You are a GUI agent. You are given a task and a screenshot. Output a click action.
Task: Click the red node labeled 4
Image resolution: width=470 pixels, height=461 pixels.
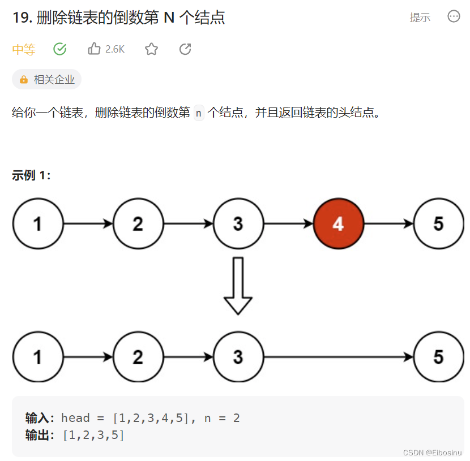coord(338,224)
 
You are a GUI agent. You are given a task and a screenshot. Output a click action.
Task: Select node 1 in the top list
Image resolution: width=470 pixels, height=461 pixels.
coord(37,224)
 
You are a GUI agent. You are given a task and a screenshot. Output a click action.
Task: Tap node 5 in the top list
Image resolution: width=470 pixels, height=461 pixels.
coord(438,224)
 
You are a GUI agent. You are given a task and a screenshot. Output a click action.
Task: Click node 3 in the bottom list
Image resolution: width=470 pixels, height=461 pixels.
coord(238,357)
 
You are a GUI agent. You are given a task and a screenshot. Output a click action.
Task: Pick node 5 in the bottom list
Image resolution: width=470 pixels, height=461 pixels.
coord(438,357)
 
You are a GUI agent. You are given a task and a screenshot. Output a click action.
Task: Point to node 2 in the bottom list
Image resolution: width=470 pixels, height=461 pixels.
coord(138,357)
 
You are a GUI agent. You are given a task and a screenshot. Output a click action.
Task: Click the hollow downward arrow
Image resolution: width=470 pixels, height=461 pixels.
coord(238,286)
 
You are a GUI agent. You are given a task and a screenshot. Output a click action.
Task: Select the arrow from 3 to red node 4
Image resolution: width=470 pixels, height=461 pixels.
coord(288,224)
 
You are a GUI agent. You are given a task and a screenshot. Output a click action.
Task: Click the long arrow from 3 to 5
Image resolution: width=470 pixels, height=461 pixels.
coord(338,357)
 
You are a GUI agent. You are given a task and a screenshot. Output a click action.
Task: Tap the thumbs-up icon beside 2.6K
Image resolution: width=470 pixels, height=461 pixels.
coord(94,49)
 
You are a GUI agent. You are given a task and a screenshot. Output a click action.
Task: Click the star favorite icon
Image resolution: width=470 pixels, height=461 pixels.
coord(151,49)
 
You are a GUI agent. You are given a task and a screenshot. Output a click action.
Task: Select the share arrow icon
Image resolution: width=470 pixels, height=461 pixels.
coord(185,49)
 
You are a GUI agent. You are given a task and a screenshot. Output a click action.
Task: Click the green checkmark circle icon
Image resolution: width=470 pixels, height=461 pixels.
coord(60,49)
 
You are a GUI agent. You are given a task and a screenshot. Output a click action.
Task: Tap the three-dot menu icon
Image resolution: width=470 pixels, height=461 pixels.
coord(454,16)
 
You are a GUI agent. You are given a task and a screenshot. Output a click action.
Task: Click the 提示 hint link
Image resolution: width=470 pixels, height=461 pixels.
coord(420,18)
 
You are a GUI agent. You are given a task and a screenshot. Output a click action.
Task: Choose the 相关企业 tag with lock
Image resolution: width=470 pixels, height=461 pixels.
coord(47,80)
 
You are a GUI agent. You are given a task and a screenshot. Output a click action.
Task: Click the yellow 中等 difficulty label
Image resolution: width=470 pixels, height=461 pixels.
coord(24,50)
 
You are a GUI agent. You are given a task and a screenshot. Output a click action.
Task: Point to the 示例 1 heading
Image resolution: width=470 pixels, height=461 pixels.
coord(32,175)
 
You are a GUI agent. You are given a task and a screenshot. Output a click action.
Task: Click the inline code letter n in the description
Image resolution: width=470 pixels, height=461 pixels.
coord(198,113)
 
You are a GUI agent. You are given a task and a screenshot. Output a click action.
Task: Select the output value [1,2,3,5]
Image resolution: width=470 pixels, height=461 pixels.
coord(93,435)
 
